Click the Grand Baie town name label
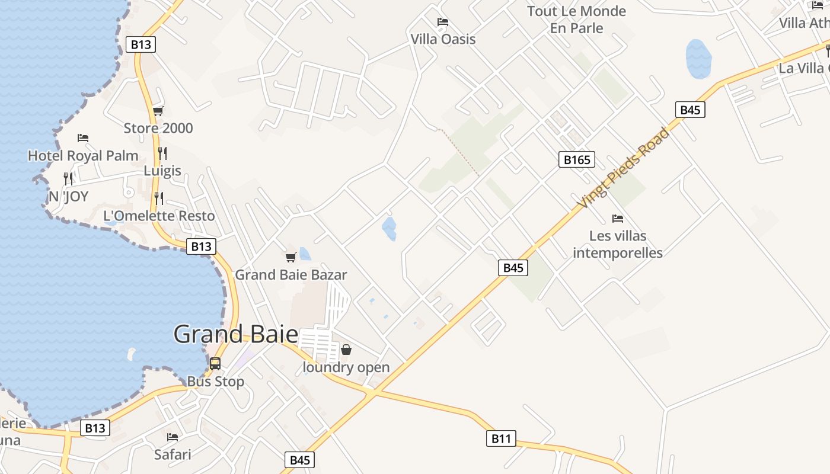coord(235,335)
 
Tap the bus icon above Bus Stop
coord(215,364)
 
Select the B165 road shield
coord(576,159)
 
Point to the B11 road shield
coord(501,438)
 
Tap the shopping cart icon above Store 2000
coord(158,111)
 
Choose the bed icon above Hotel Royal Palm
coord(83,138)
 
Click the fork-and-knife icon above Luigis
coord(162,153)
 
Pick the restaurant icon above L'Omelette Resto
coord(158,198)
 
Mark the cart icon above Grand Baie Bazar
coord(290,257)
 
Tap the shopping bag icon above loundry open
coord(346,350)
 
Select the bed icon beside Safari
coord(173,437)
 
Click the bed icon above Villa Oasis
coord(443,23)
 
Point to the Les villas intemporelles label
coord(618,244)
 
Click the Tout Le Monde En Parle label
coord(576,20)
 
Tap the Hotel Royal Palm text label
coord(83,156)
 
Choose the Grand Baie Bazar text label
coord(290,275)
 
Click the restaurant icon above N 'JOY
coord(68,178)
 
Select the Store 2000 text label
coord(158,128)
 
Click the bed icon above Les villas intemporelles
coord(618,219)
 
